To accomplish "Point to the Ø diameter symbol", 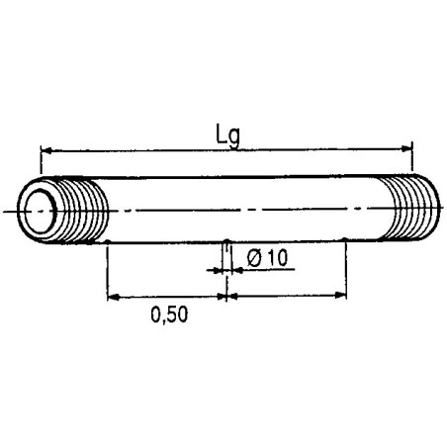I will [x=253, y=257].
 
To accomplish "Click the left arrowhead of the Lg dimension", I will [x=45, y=149].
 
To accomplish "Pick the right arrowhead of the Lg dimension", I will [x=406, y=149].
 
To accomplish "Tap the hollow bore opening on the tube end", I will [x=41, y=211].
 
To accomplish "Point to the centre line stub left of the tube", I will [x=10, y=212].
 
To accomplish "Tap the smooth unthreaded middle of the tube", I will [x=247, y=210].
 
